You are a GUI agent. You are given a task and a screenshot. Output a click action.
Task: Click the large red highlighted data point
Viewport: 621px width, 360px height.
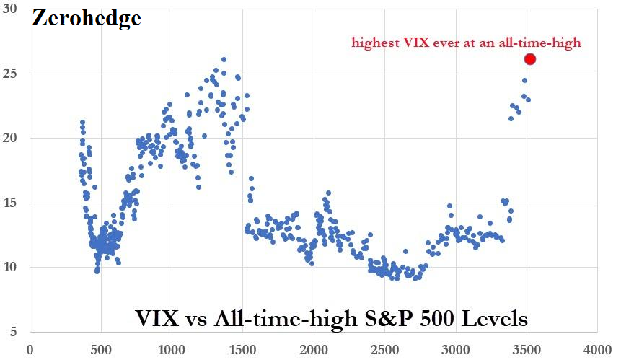[530, 59]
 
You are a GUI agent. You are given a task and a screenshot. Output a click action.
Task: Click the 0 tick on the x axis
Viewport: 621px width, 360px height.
[30, 350]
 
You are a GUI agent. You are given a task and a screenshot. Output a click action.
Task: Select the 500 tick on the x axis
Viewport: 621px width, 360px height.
[100, 350]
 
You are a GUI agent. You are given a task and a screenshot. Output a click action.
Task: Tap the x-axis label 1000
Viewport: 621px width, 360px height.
[171, 350]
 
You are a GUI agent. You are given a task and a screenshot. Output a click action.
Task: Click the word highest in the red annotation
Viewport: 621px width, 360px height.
[373, 43]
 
